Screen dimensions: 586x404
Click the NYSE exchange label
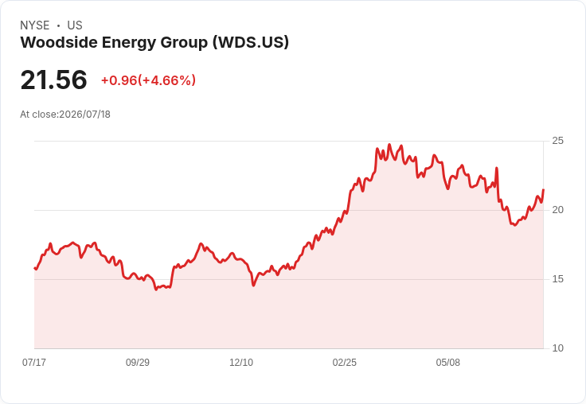click(x=35, y=25)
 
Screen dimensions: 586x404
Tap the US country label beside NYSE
click(x=75, y=25)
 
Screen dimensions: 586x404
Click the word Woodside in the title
click(x=59, y=42)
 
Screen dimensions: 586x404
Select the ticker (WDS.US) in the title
click(x=251, y=42)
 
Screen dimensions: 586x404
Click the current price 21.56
click(x=54, y=80)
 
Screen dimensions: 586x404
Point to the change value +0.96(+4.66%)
click(x=148, y=80)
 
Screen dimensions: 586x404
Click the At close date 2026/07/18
click(x=85, y=115)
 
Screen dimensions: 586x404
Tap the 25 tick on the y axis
click(x=557, y=141)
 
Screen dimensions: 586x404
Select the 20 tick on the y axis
click(x=557, y=210)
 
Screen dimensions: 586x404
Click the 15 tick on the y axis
click(x=557, y=279)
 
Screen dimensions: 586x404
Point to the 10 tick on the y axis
click(x=557, y=348)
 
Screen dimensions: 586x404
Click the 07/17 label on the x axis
click(x=34, y=362)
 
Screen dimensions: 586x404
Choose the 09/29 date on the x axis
click(x=138, y=362)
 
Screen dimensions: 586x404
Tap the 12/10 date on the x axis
click(x=241, y=362)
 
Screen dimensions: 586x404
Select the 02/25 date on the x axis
click(x=345, y=362)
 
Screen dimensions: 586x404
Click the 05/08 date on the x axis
click(x=447, y=362)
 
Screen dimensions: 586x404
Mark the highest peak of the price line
click(x=389, y=145)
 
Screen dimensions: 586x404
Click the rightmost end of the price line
click(x=543, y=190)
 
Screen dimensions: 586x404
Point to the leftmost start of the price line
click(x=35, y=268)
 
